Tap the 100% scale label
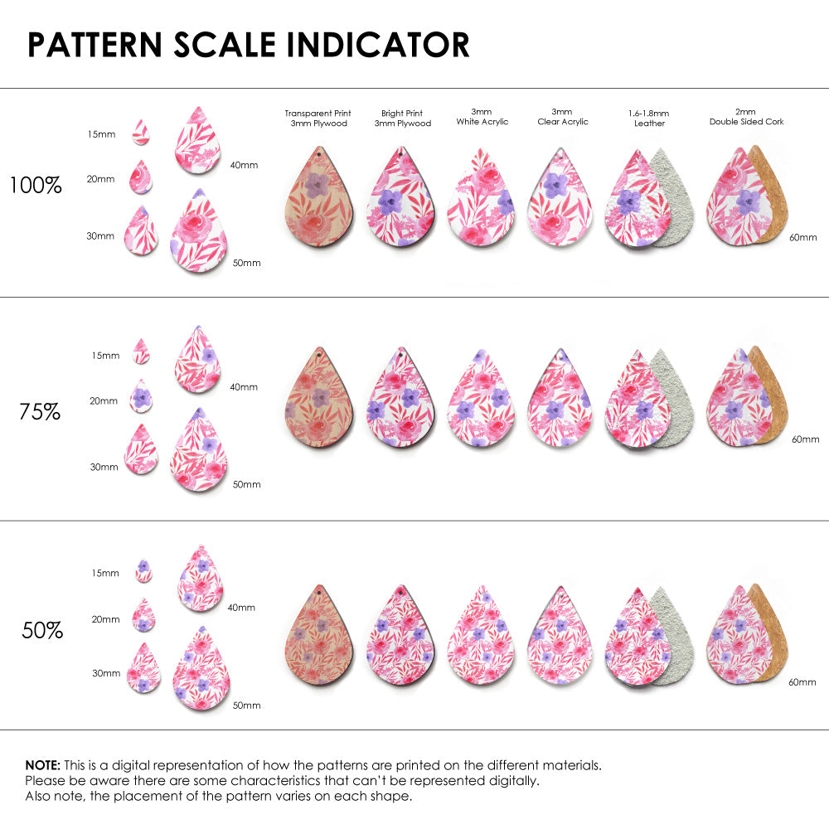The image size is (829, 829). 36,186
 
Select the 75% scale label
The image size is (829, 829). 40,411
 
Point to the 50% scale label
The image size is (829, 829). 42,631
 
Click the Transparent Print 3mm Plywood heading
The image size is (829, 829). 318,118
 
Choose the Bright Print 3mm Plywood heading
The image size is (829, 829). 403,118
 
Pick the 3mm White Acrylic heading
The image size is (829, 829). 482,118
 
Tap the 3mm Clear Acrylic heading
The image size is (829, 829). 562,116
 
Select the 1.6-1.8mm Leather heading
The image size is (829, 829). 649,118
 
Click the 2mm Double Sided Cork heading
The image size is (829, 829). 746,117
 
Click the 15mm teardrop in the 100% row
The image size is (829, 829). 141,132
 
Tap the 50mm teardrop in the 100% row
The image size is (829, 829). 199,233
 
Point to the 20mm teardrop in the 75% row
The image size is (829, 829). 143,397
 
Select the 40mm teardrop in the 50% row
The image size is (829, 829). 201,579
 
